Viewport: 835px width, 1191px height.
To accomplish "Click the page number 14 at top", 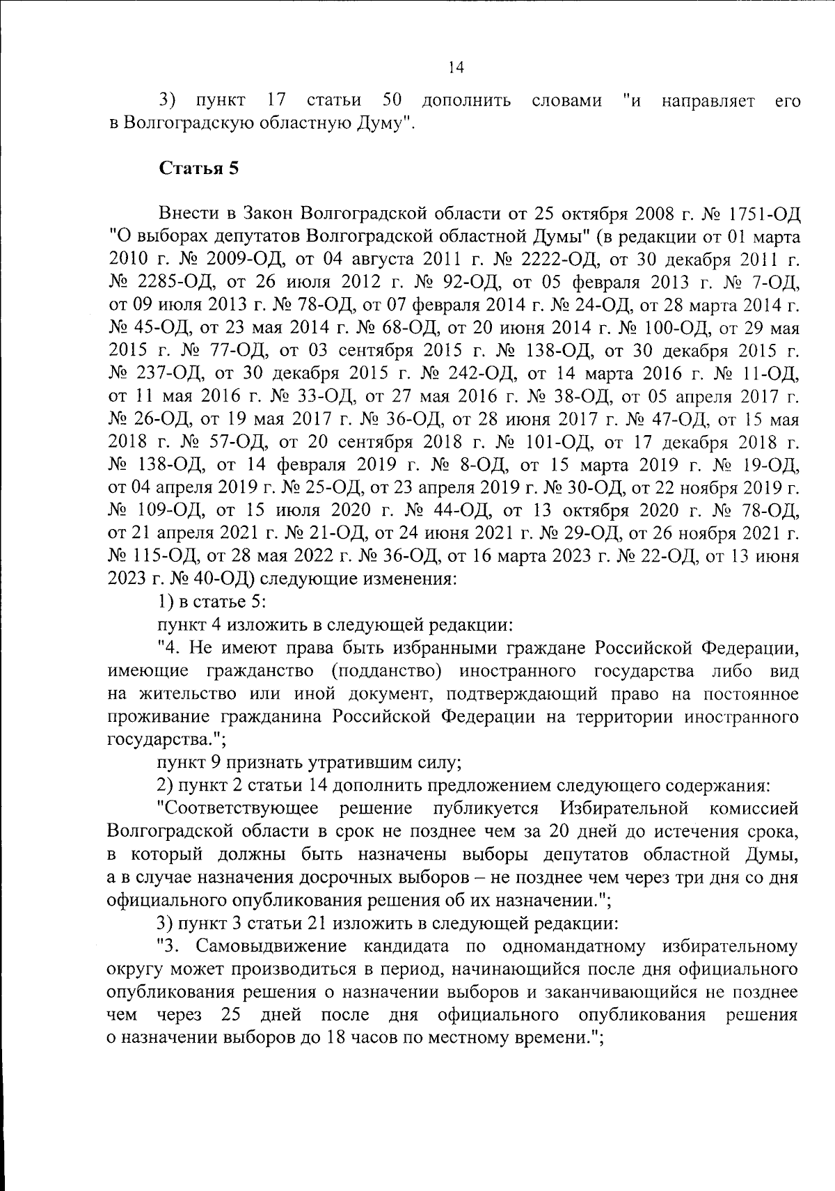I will pos(456,68).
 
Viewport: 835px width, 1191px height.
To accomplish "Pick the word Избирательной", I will pos(623,809).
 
